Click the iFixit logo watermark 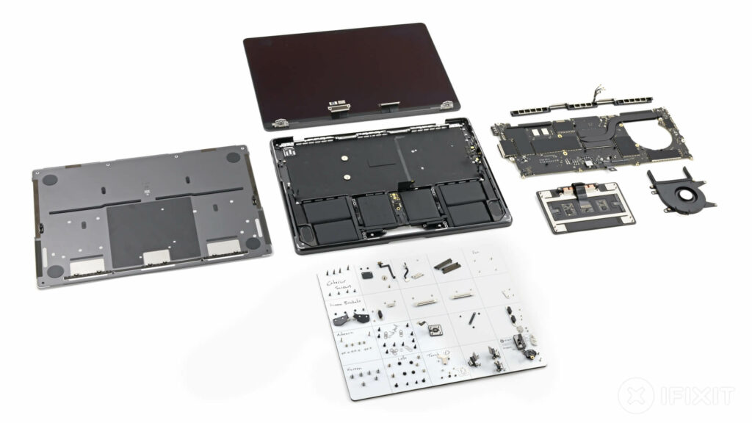pyautogui.click(x=676, y=396)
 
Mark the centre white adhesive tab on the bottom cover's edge pyautogui.click(x=154, y=256)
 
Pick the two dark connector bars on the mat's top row pyautogui.click(x=446, y=265)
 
